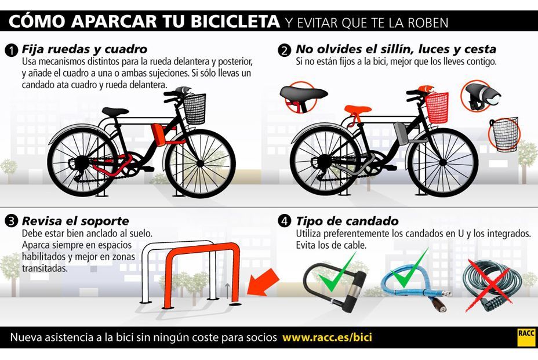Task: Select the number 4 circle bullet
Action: [x=284, y=221]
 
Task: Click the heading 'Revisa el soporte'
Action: [x=75, y=221]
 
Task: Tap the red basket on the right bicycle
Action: [x=437, y=108]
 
